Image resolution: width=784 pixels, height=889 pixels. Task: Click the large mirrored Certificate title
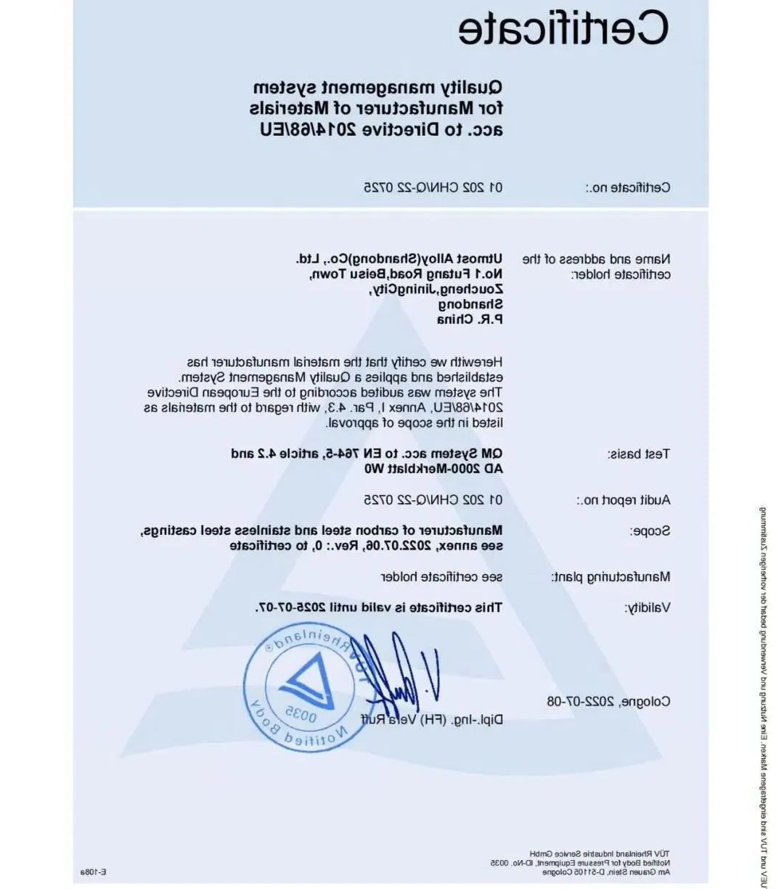(x=563, y=29)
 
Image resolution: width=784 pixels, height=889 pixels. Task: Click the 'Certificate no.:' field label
(x=628, y=188)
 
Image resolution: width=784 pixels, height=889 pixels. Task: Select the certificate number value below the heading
(x=433, y=187)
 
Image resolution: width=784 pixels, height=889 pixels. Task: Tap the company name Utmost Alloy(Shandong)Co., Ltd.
(x=399, y=258)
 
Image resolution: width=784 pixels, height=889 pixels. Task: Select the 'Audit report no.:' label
(x=624, y=500)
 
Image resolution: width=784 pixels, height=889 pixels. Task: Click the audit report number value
(x=433, y=499)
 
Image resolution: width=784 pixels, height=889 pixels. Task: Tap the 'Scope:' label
(x=650, y=531)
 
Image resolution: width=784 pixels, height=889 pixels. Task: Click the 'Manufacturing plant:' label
(x=611, y=577)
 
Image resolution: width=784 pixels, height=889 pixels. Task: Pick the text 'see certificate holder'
(x=442, y=577)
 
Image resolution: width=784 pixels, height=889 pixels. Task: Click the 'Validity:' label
(x=647, y=607)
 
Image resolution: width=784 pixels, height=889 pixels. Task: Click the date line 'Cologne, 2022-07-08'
(x=608, y=702)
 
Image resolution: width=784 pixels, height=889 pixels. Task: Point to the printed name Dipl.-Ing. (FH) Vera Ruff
(x=433, y=720)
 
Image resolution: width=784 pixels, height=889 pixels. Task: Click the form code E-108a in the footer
(x=94, y=872)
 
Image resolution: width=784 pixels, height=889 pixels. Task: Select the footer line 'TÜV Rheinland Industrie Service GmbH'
(x=600, y=853)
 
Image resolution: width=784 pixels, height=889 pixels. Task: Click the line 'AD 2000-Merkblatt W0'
(x=433, y=469)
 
